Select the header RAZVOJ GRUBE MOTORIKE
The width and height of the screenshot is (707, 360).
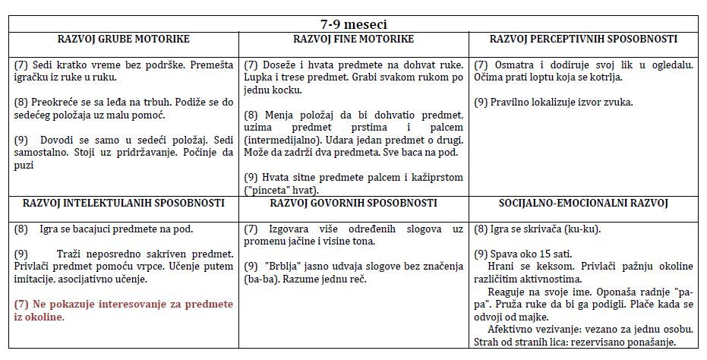pyautogui.click(x=124, y=39)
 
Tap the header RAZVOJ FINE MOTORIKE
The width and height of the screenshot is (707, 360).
pyautogui.click(x=353, y=39)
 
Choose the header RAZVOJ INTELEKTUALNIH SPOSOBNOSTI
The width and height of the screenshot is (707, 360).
pyautogui.click(x=124, y=204)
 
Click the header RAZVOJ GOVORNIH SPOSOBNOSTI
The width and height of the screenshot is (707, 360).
pyautogui.click(x=353, y=204)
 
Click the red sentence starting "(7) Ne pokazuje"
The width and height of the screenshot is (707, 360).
pyautogui.click(x=124, y=310)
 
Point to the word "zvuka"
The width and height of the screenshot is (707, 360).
pyautogui.click(x=617, y=103)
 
